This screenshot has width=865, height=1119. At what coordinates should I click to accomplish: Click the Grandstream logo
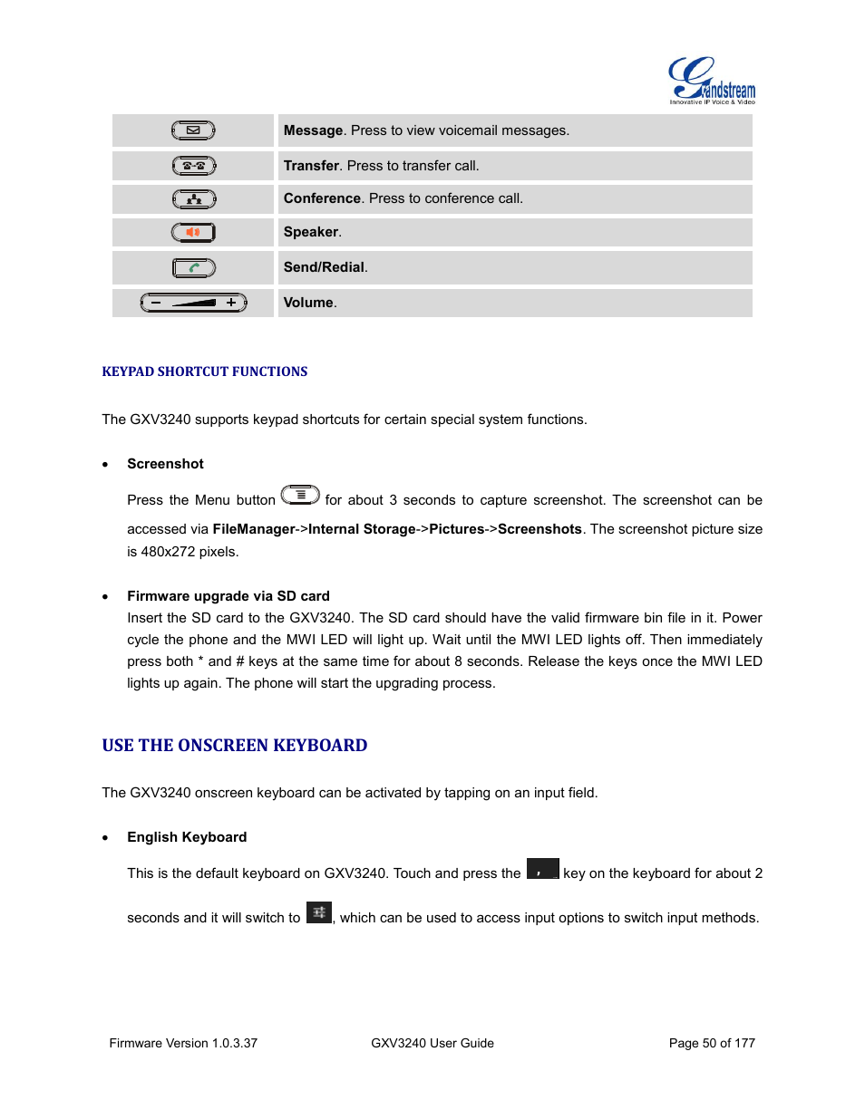point(711,81)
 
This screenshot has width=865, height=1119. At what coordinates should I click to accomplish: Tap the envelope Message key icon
point(193,130)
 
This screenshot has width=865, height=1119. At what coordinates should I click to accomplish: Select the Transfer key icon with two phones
point(193,166)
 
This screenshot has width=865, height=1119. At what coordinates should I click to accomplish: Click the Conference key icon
point(193,199)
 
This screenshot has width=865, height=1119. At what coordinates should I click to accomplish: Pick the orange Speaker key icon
point(193,233)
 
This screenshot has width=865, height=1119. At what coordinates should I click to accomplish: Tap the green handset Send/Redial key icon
point(193,268)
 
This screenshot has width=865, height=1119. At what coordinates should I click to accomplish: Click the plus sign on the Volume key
point(231,303)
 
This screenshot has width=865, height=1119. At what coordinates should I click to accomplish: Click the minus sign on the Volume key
point(156,303)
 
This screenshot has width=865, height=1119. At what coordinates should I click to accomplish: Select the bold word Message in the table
point(313,130)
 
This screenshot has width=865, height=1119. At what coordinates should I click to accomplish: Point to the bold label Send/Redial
point(325,267)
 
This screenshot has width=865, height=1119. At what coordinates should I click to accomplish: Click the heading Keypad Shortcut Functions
point(205,371)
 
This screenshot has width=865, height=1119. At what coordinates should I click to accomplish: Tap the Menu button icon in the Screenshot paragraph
point(300,495)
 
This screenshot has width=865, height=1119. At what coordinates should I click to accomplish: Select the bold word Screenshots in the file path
point(539,529)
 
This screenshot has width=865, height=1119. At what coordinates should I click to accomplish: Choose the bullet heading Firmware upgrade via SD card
point(228,596)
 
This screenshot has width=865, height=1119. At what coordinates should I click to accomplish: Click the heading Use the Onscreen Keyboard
point(235,746)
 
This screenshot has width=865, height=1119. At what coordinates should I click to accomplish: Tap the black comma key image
point(542,869)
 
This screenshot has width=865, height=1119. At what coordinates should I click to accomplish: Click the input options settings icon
point(319,912)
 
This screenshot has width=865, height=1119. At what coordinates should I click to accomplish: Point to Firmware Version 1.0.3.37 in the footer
point(183,1043)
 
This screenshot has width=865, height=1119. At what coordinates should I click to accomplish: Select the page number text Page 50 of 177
point(712,1043)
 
